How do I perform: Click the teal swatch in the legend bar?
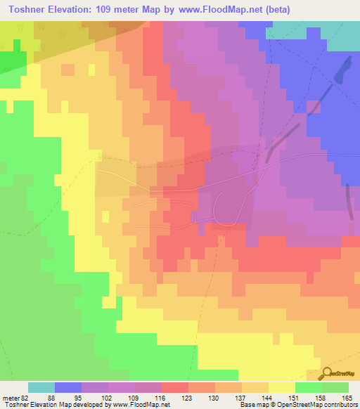[41, 387]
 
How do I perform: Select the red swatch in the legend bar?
[174, 387]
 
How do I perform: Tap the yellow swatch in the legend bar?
[281, 387]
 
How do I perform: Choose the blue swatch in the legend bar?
[67, 387]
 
